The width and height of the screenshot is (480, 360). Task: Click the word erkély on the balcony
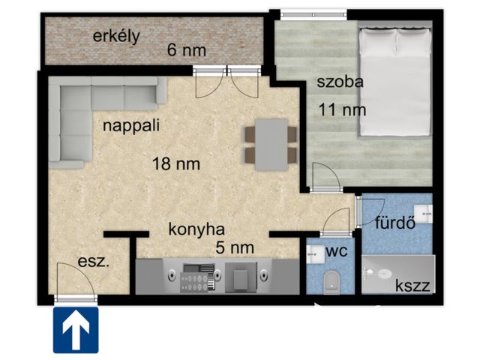tap(116, 37)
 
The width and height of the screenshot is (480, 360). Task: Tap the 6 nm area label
tap(187, 50)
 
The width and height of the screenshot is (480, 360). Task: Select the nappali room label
tap(131, 125)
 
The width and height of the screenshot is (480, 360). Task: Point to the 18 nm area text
tap(176, 163)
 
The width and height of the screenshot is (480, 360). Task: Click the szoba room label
tap(340, 82)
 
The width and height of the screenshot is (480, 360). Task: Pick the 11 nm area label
tap(342, 109)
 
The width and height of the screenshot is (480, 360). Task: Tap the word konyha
tap(196, 229)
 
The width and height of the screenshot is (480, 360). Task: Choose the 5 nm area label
tap(235, 247)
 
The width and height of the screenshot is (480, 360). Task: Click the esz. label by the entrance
tap(93, 262)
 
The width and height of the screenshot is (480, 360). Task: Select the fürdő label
tap(395, 223)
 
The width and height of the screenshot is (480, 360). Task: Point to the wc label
tap(337, 251)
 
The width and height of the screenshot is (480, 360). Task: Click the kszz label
tap(412, 285)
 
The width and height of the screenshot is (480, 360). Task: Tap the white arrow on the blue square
tap(76, 331)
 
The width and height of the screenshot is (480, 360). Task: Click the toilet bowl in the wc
tap(331, 281)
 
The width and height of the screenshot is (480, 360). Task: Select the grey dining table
tap(271, 145)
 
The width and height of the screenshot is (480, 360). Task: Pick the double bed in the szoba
tap(395, 82)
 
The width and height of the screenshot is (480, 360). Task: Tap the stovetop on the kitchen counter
tap(197, 278)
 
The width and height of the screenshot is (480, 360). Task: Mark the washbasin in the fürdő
tap(423, 213)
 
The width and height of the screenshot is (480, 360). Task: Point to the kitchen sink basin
tap(241, 277)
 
